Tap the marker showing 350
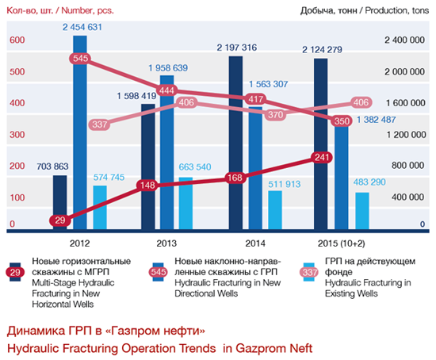pos(342,121)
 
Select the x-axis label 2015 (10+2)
pos(341,242)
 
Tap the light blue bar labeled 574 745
pos(99,208)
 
